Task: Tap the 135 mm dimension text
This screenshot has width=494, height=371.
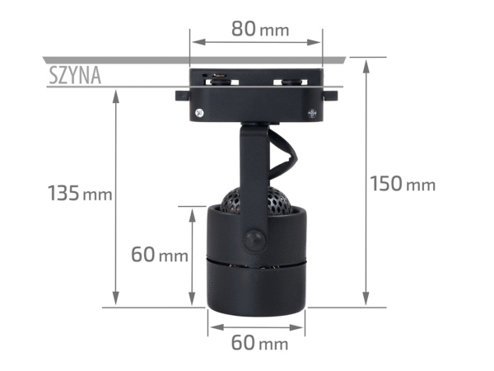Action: pos(79,194)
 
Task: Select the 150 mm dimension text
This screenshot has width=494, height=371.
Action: pos(402,183)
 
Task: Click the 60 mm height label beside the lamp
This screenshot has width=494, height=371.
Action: pos(160,254)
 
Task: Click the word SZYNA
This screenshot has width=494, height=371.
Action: pos(74,77)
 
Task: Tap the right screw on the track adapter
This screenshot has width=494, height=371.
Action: pos(311,114)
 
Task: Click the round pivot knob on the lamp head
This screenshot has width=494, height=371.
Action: pos(255,240)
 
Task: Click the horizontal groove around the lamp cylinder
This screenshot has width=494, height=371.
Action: pos(255,261)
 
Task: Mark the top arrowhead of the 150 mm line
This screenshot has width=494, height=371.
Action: pos(366,62)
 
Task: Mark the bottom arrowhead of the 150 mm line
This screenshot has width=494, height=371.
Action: pos(366,303)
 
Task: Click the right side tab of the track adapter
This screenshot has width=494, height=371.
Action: pos(332,96)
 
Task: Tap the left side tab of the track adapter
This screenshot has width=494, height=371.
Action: pos(180,96)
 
